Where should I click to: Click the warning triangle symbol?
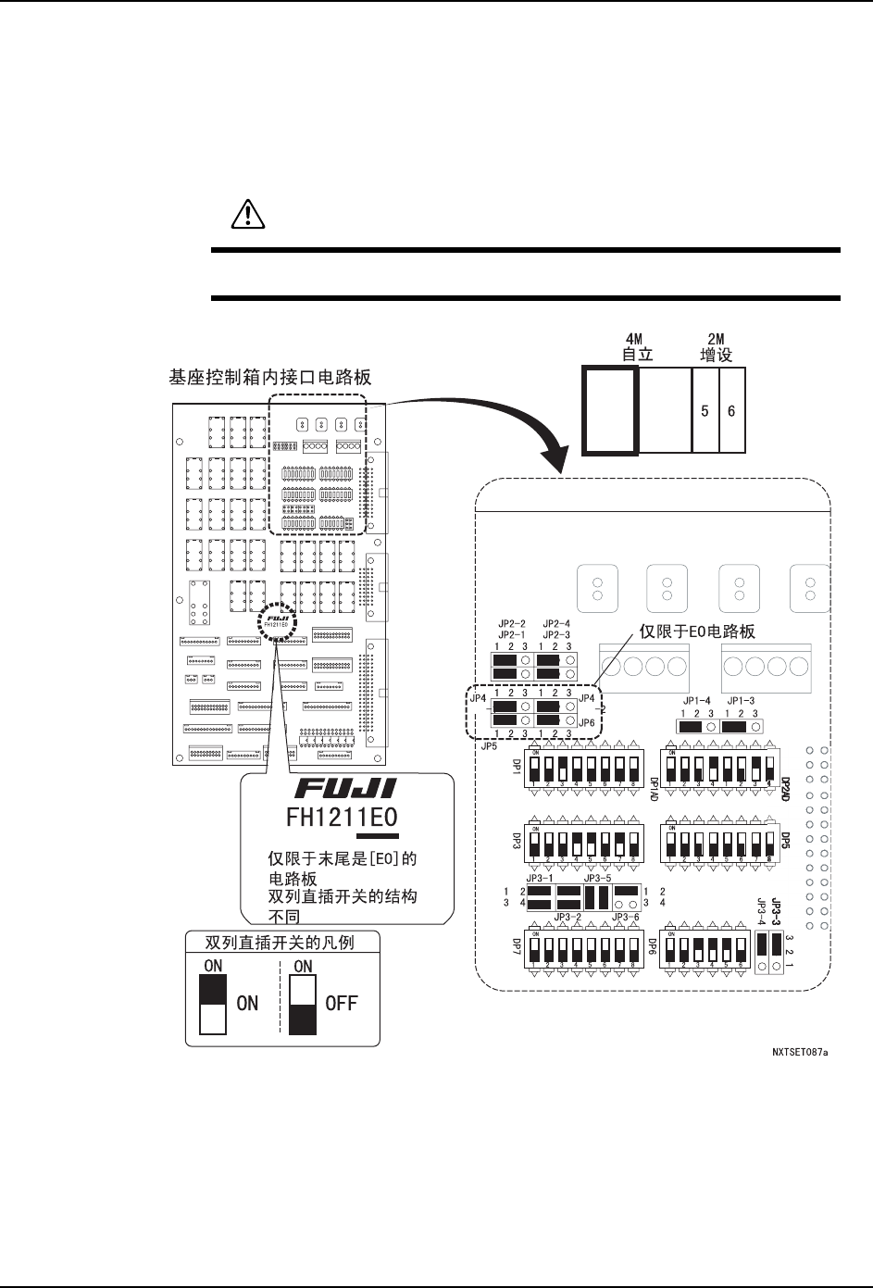click(x=246, y=216)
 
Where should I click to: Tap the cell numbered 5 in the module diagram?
click(x=705, y=410)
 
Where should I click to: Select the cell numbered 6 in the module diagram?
click(x=731, y=410)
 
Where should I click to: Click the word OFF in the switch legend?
click(x=341, y=1003)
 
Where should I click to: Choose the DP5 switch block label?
click(x=784, y=841)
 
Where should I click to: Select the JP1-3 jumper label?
click(x=741, y=701)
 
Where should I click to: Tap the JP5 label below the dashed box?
click(x=487, y=744)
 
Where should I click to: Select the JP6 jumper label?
click(x=586, y=722)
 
